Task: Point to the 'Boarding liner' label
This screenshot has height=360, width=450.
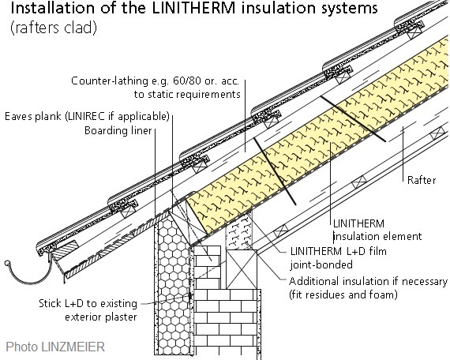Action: pos(126,131)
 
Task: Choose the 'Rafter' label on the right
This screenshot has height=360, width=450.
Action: pos(422,180)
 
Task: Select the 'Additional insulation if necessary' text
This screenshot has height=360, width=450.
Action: pos(368,282)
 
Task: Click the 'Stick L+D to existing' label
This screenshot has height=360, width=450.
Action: pos(88,303)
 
